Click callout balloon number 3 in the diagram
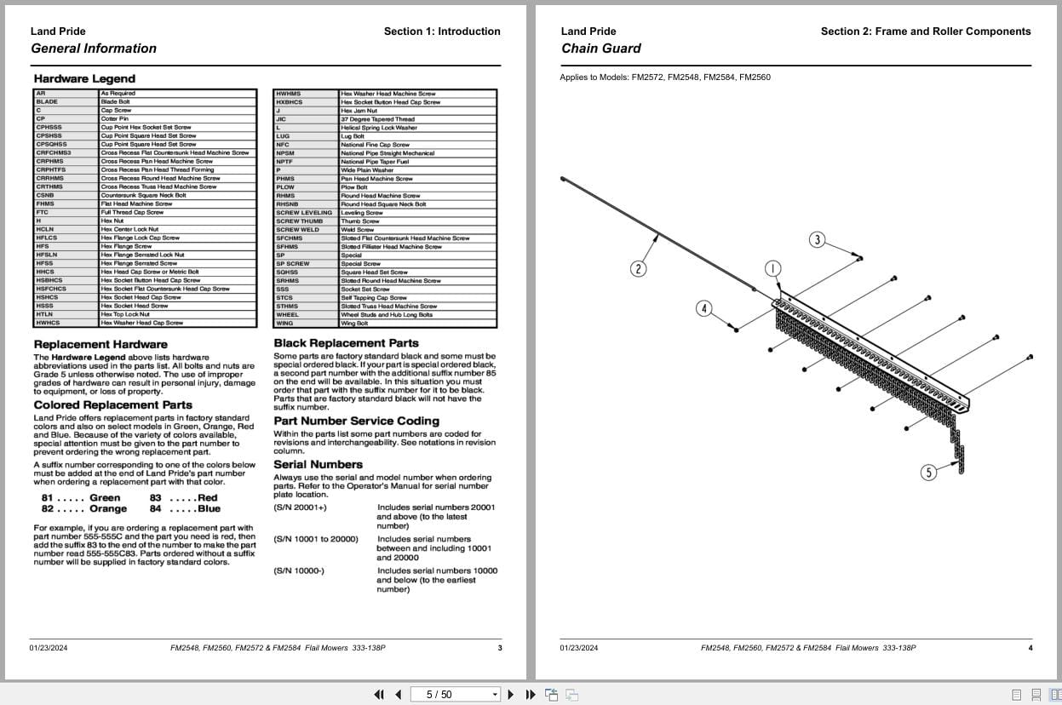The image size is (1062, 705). click(818, 239)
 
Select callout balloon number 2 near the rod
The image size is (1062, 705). click(638, 269)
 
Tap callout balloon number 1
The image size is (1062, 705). click(772, 269)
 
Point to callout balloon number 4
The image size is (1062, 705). click(703, 308)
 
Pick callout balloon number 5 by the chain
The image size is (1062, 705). click(928, 472)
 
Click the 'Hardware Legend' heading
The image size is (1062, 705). click(84, 79)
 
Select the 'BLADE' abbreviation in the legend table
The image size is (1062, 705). click(48, 102)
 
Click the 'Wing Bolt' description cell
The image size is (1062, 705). click(354, 324)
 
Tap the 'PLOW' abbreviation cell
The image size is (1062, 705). click(285, 187)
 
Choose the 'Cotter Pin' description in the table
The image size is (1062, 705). click(115, 119)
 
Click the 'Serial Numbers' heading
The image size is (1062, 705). click(318, 465)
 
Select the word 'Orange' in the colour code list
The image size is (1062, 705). click(108, 509)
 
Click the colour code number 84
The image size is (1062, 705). click(156, 509)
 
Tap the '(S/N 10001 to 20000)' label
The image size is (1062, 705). click(315, 539)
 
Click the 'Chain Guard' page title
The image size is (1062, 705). click(600, 49)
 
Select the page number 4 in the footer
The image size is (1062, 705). click(1030, 648)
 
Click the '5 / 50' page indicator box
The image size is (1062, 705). click(454, 695)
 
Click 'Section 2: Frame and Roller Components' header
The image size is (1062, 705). click(925, 32)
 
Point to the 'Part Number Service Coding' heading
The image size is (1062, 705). click(356, 421)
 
